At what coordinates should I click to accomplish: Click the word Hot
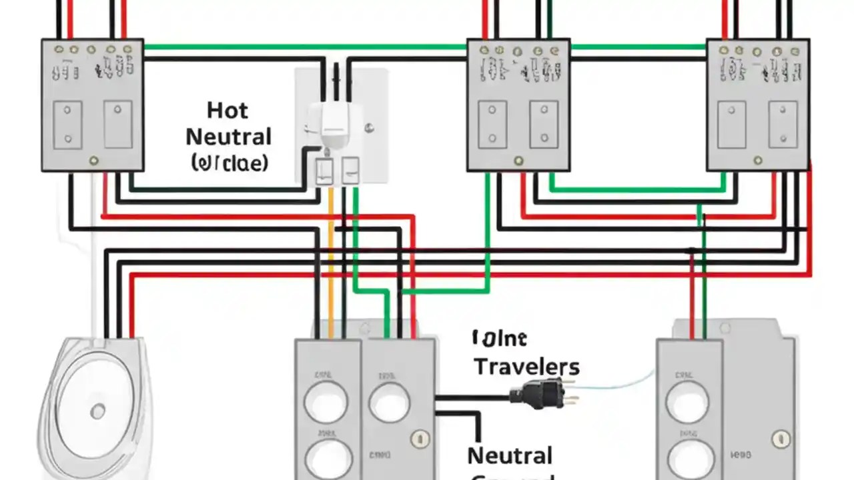pyautogui.click(x=228, y=110)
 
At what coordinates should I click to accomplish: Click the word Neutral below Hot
pyautogui.click(x=228, y=137)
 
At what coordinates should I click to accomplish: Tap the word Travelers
pyautogui.click(x=526, y=366)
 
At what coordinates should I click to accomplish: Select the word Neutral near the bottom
pyautogui.click(x=510, y=455)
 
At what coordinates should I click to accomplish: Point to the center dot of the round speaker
pyautogui.click(x=98, y=411)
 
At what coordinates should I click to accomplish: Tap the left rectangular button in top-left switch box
pyautogui.click(x=68, y=125)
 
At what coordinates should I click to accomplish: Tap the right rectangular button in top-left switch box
pyautogui.click(x=118, y=124)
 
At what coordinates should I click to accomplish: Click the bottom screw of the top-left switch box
pyautogui.click(x=94, y=161)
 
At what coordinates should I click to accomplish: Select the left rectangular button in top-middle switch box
pyautogui.click(x=492, y=125)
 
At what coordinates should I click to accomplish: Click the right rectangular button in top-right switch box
pyautogui.click(x=783, y=124)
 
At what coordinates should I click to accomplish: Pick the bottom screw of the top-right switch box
pyautogui.click(x=758, y=161)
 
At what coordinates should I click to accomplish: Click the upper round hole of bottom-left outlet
pyautogui.click(x=325, y=402)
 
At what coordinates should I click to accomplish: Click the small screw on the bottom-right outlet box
pyautogui.click(x=781, y=438)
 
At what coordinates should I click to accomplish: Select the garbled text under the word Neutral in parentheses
pyautogui.click(x=229, y=162)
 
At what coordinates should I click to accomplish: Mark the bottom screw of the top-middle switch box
pyautogui.click(x=518, y=161)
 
